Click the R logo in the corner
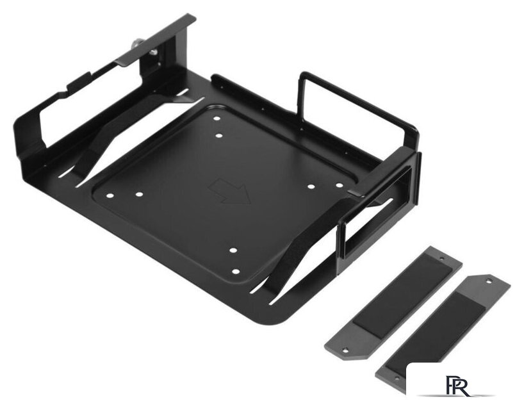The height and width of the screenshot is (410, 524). [457, 386]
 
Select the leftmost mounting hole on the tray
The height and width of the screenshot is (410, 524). [110, 196]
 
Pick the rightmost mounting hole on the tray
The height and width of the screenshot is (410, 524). [340, 185]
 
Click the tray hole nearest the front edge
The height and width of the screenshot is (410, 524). [236, 272]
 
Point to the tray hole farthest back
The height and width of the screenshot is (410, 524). [217, 119]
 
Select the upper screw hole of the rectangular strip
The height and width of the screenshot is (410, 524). [443, 259]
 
